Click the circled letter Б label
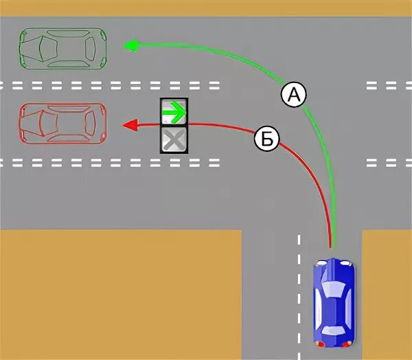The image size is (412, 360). point(267,139)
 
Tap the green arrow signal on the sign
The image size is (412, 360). point(174,111)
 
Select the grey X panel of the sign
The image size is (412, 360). point(174,139)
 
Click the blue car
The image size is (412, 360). point(334,302)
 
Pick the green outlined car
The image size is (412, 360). point(62,48)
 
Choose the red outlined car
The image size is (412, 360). point(62,124)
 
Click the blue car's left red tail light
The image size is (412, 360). point(319,342)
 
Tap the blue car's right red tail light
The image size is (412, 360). point(348,342)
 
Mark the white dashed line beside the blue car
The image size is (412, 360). point(299,295)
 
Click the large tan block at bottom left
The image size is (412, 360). point(120,295)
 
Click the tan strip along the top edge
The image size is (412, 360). point(206,8)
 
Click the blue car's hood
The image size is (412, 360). point(334,271)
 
